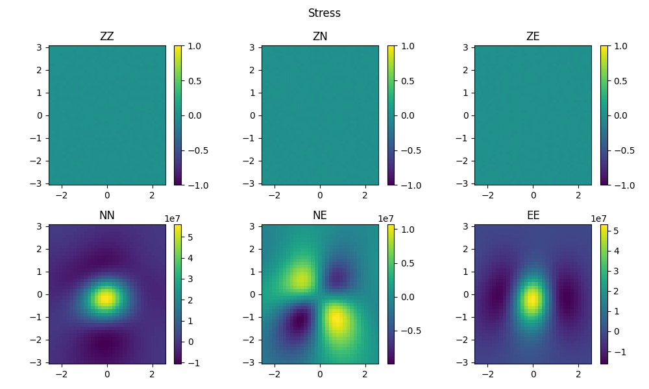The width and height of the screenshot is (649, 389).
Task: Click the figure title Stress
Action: pyautogui.click(x=324, y=13)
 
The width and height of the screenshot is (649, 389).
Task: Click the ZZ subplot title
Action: pyautogui.click(x=107, y=37)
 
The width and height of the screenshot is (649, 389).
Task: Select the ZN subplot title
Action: pyautogui.click(x=320, y=37)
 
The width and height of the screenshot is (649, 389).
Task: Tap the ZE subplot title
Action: pyautogui.click(x=533, y=37)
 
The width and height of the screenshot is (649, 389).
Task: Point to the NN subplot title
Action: pyautogui.click(x=107, y=216)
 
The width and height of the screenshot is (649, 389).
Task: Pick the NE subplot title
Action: pyautogui.click(x=320, y=216)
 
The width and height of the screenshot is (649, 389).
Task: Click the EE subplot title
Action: pyautogui.click(x=533, y=216)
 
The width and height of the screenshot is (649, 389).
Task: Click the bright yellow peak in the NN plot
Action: pyautogui.click(x=105, y=298)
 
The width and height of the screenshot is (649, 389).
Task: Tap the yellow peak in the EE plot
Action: pyautogui.click(x=532, y=300)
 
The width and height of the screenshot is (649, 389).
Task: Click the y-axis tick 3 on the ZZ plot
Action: pyautogui.click(x=39, y=47)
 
